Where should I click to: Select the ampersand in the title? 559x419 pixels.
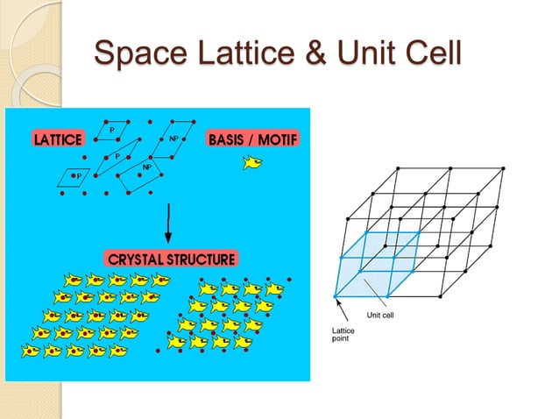317,54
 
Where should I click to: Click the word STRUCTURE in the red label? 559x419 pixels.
203,259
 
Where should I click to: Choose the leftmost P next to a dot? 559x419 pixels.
79,175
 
